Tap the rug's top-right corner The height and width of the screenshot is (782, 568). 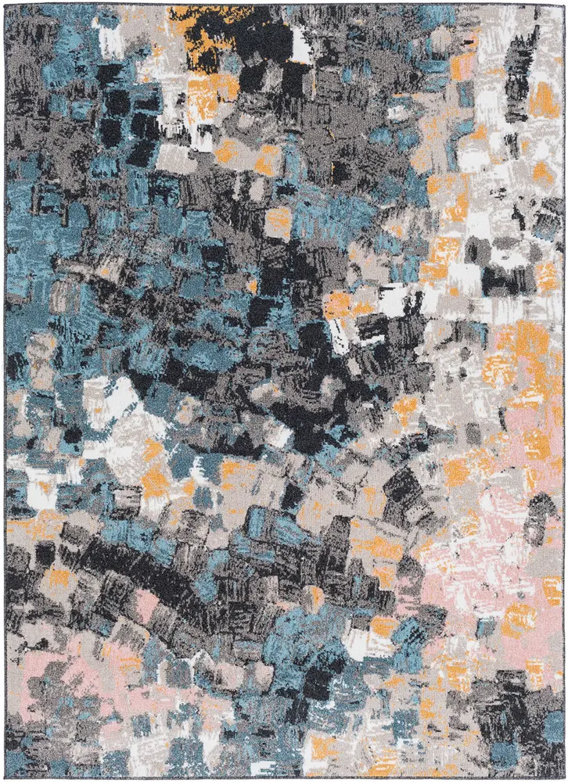[563, 5]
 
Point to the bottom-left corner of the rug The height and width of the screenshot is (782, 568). [5, 777]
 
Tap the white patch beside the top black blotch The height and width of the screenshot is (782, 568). [301, 43]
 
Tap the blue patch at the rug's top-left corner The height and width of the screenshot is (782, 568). [23, 23]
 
